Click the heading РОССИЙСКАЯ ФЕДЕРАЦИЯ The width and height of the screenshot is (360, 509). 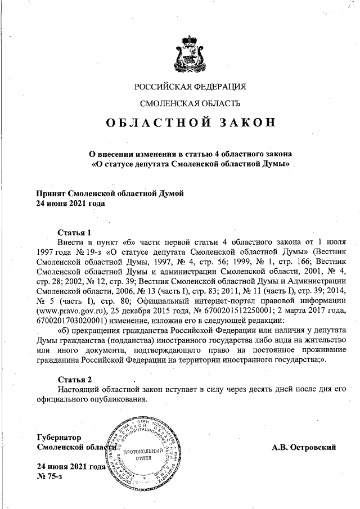pos(191,87)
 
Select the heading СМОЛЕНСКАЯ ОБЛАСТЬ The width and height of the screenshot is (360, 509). pos(191,103)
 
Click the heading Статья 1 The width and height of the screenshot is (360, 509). pos(74,232)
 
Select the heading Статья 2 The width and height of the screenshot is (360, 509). pos(74,379)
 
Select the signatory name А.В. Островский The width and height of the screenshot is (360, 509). pos(303,447)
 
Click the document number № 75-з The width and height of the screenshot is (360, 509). pos(49,476)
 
